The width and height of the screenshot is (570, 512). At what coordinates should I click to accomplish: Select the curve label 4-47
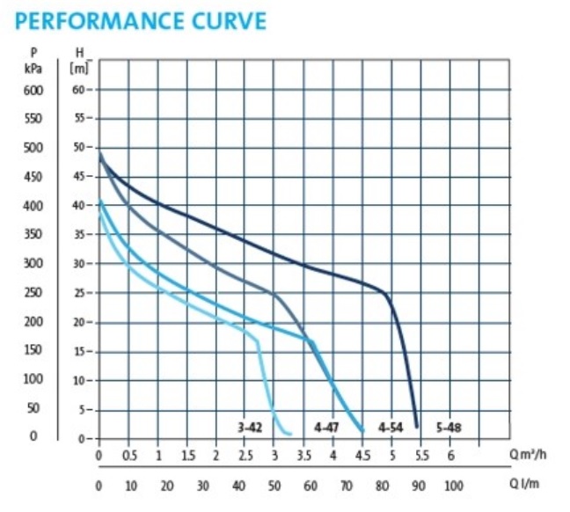pyautogui.click(x=327, y=428)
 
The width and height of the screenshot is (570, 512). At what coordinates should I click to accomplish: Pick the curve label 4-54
pyautogui.click(x=390, y=428)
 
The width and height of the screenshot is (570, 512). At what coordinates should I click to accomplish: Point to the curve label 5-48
pyautogui.click(x=448, y=428)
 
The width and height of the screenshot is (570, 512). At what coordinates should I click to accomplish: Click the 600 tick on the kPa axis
pyautogui.click(x=33, y=90)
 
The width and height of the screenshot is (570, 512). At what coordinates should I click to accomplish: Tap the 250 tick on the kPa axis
pyautogui.click(x=33, y=293)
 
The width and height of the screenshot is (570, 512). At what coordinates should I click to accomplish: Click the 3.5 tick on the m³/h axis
pyautogui.click(x=303, y=456)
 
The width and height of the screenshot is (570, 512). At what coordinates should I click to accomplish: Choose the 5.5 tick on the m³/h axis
pyautogui.click(x=421, y=456)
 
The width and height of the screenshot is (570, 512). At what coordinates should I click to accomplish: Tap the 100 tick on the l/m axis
pyautogui.click(x=454, y=486)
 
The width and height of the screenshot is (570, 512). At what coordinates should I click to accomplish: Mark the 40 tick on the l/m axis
pyautogui.click(x=239, y=486)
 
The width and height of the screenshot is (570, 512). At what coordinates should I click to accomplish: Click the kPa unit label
pyautogui.click(x=33, y=66)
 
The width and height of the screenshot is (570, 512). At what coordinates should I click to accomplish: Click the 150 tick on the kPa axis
pyautogui.click(x=33, y=351)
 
